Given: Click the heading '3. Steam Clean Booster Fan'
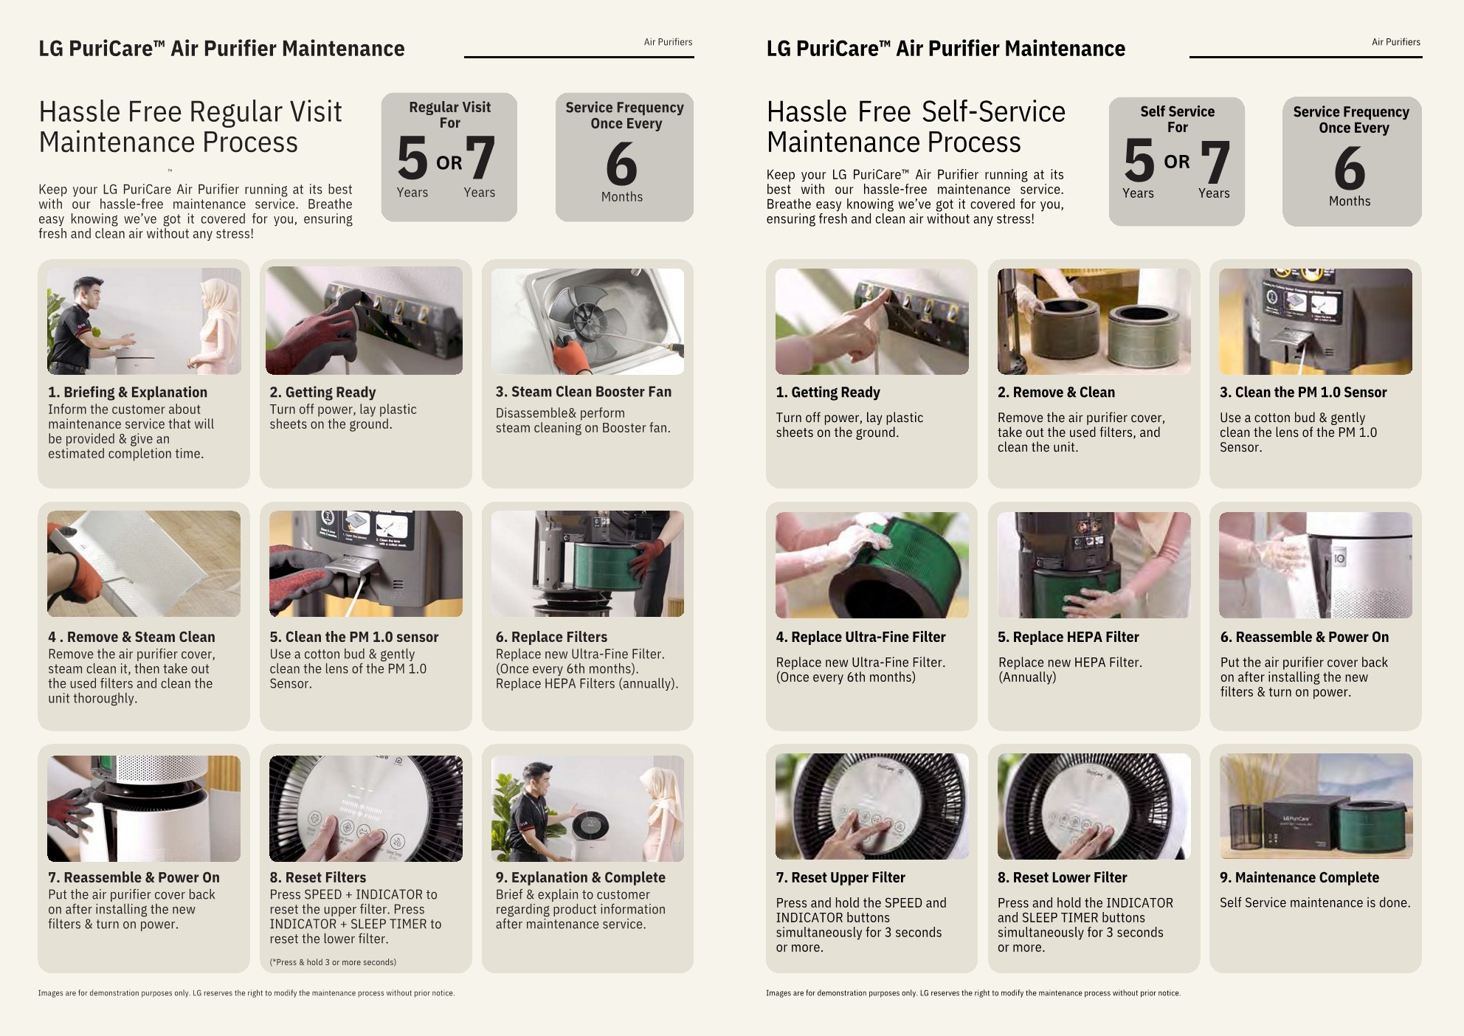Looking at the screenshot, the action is pos(584,392).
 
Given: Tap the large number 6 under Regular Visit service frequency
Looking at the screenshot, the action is pos(621,164).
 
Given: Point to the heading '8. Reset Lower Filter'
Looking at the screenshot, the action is pos(1062,877).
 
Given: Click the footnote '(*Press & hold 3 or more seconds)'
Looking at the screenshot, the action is pos(333,962).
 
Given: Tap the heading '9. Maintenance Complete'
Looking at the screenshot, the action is pos(1299,877).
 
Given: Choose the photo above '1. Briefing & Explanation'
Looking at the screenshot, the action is pos(144,321).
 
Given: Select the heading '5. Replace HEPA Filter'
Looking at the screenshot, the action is pos(1068,637).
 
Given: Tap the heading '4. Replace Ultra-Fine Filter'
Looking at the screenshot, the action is pos(860,637).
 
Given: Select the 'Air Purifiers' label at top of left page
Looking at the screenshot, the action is pos(668,42).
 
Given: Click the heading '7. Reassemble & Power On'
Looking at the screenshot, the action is pos(134,877).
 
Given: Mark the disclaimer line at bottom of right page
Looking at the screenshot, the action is pos(973,993).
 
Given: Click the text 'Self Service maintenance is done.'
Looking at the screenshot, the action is pos(1315,902).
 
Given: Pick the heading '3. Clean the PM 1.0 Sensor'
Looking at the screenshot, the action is pos(1303,393).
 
